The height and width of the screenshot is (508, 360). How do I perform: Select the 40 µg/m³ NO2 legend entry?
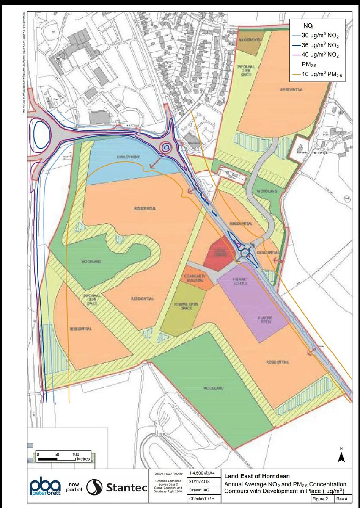tap(319, 55)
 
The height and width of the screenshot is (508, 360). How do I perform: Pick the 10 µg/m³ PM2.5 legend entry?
tap(319, 75)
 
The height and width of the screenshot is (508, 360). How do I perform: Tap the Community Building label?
tap(195, 278)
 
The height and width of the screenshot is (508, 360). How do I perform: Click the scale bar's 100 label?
tap(76, 453)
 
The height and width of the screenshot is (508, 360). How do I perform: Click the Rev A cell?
tap(341, 499)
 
